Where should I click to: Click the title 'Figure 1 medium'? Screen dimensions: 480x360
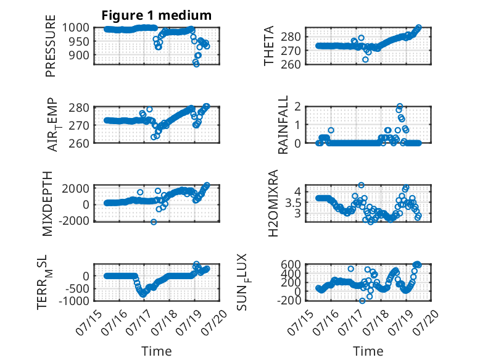(157, 15)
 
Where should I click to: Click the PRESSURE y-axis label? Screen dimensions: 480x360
(51, 46)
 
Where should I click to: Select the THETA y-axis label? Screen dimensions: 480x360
(268, 46)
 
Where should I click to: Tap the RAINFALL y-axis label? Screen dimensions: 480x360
(283, 124)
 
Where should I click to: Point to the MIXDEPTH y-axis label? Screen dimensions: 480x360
(48, 204)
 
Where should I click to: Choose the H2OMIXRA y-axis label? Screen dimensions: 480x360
(273, 203)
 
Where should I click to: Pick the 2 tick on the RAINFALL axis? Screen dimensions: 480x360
(297, 107)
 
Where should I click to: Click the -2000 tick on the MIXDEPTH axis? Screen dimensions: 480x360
(75, 220)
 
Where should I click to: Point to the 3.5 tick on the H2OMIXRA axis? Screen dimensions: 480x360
(293, 203)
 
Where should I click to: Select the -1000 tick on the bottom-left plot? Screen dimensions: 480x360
(73, 301)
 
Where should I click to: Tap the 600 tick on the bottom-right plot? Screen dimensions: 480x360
(291, 264)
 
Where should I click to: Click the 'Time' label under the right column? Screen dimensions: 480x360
(368, 351)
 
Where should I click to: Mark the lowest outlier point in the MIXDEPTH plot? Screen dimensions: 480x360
(154, 222)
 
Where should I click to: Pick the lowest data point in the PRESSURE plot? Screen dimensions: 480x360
(196, 64)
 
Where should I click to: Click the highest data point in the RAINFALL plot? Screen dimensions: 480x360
(400, 106)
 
